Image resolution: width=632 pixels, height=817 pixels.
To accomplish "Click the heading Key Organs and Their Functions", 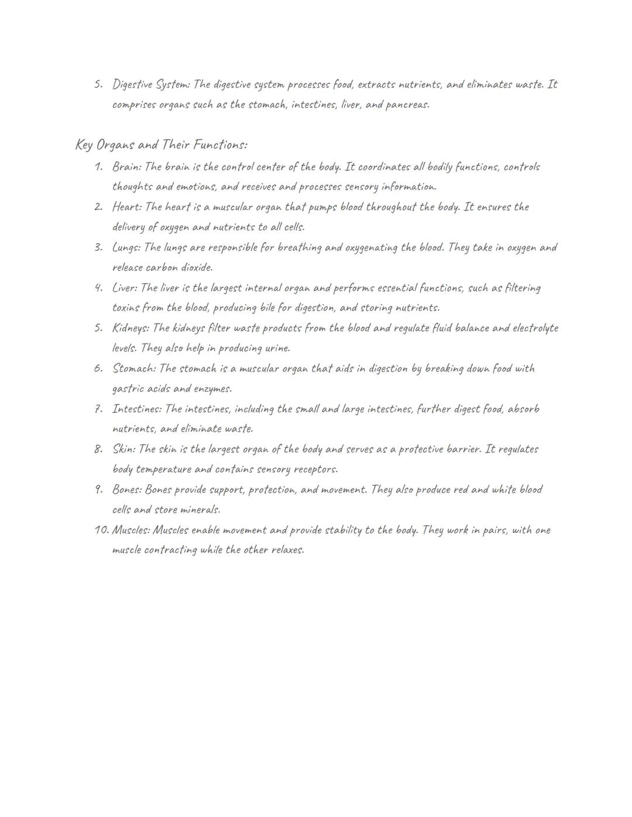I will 161,144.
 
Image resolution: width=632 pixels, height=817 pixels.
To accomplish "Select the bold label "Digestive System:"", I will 151,85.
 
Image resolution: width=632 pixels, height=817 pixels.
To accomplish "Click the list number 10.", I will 102,530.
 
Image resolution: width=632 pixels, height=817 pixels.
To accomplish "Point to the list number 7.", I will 98,409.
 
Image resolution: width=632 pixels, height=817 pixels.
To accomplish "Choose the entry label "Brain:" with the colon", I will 126,167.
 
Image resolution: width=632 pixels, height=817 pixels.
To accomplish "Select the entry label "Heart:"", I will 127,208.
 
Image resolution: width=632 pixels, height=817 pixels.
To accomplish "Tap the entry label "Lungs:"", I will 126,248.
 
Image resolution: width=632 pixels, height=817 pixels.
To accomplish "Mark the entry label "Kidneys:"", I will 130,329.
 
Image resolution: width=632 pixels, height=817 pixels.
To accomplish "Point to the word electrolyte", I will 535,328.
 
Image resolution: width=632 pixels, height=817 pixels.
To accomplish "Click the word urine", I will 277,349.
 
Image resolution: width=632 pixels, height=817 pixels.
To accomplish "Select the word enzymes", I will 212,389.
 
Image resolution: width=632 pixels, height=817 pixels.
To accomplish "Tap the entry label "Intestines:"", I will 137,409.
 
